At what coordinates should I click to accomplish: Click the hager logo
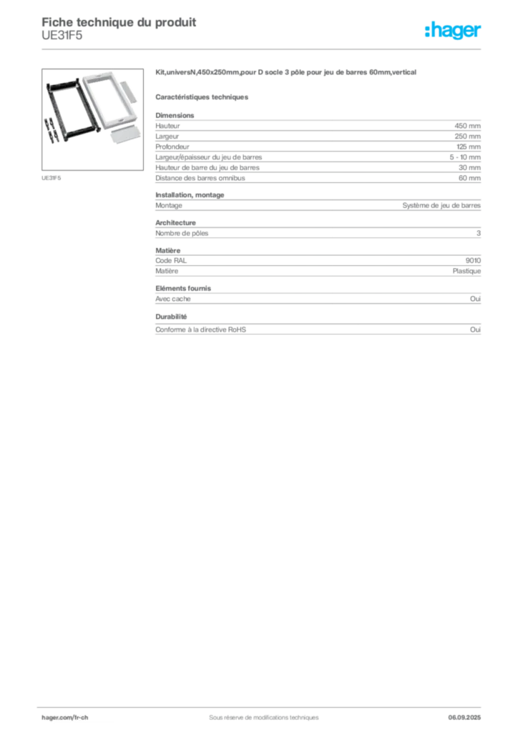click(x=453, y=30)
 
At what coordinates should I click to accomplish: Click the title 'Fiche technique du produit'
click(x=119, y=22)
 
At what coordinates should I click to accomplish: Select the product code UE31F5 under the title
click(x=62, y=36)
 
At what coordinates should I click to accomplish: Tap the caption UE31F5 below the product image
click(x=51, y=178)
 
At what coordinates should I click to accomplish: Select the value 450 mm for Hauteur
click(x=467, y=126)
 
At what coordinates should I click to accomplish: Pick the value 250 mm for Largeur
click(x=467, y=137)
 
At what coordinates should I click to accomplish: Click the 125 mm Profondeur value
click(x=468, y=147)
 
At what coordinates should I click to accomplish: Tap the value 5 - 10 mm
click(x=465, y=157)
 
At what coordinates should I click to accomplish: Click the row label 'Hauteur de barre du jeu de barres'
click(x=207, y=167)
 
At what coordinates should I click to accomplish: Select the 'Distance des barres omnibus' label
click(x=200, y=178)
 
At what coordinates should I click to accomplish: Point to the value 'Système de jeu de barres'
click(x=441, y=205)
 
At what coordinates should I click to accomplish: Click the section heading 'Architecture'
click(x=175, y=223)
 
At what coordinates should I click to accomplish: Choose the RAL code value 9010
click(x=473, y=260)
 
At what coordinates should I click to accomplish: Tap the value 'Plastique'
click(x=466, y=271)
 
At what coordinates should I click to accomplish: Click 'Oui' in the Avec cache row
click(x=475, y=299)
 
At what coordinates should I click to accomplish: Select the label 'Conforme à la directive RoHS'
click(x=200, y=330)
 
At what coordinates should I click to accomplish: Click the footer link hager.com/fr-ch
click(x=64, y=718)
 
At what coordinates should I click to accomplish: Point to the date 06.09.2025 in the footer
click(x=464, y=718)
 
